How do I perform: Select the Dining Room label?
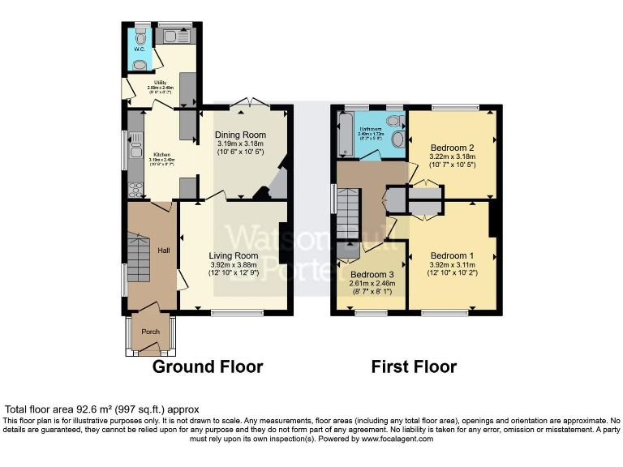pyautogui.click(x=240, y=135)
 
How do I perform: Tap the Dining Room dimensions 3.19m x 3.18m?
pyautogui.click(x=240, y=144)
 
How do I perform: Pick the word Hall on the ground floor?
pyautogui.click(x=163, y=251)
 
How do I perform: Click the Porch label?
pyautogui.click(x=151, y=332)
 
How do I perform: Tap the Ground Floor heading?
pyautogui.click(x=208, y=367)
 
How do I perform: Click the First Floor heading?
pyautogui.click(x=414, y=367)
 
